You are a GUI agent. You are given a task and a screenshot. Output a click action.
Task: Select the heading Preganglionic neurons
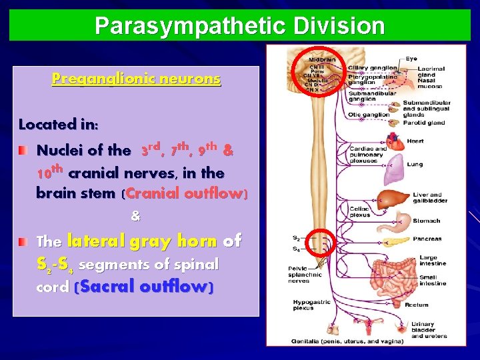[x=136, y=79]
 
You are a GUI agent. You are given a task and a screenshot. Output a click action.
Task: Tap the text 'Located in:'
[x=59, y=124]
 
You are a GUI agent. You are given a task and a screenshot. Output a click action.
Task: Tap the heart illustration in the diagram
[x=396, y=141]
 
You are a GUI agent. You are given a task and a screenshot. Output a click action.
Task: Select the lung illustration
[x=394, y=165]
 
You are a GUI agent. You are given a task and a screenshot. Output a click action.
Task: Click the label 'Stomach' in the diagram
[x=426, y=221]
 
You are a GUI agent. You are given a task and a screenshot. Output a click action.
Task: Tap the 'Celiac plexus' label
[x=359, y=211]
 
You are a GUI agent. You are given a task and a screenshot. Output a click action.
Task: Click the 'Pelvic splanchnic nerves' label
[x=305, y=275]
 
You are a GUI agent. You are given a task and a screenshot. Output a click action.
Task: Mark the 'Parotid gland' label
[x=425, y=123]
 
